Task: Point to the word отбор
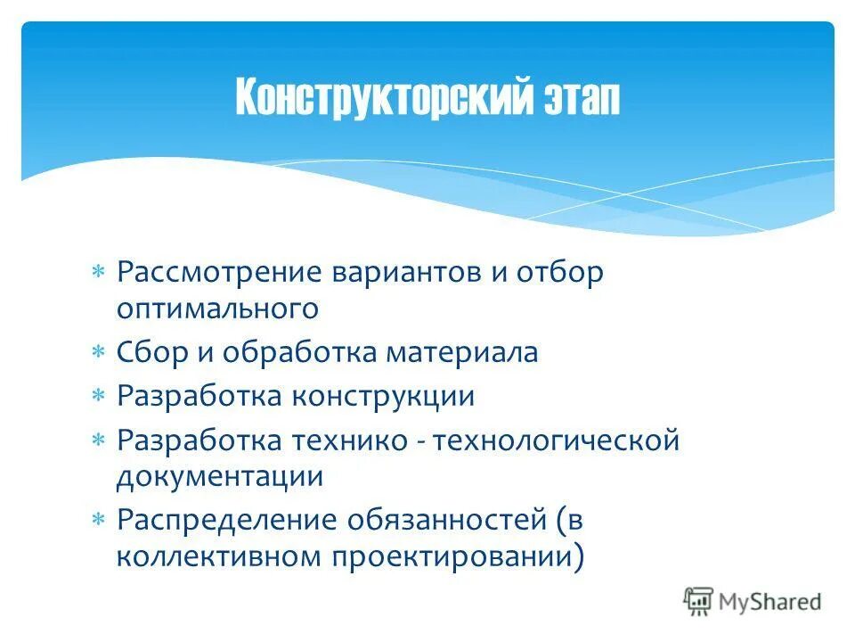click(x=559, y=272)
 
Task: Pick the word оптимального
click(x=217, y=309)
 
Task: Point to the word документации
click(x=219, y=476)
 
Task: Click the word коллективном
click(x=220, y=556)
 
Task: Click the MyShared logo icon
click(x=698, y=601)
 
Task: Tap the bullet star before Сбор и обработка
click(x=100, y=353)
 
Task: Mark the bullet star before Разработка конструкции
click(x=100, y=396)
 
